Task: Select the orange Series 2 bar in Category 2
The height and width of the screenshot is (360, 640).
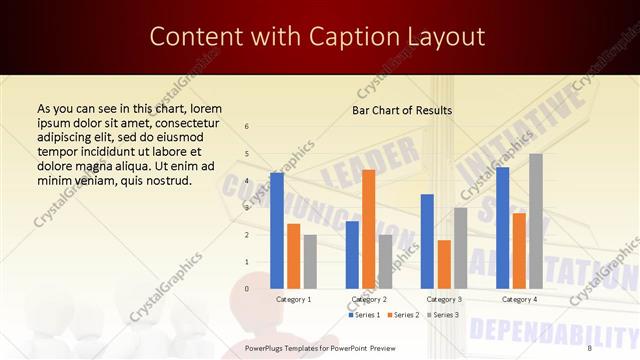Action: tap(368, 229)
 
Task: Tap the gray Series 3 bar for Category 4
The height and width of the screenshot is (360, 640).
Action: tap(536, 221)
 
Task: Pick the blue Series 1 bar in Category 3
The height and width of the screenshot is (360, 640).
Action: tap(427, 241)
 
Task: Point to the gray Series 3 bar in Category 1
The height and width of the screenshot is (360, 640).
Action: tap(310, 261)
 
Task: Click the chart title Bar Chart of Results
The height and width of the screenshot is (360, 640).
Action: tap(402, 110)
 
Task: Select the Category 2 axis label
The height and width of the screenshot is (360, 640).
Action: tap(368, 299)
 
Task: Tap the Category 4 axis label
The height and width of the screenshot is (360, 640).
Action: tap(519, 299)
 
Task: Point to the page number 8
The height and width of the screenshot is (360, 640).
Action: tap(589, 348)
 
